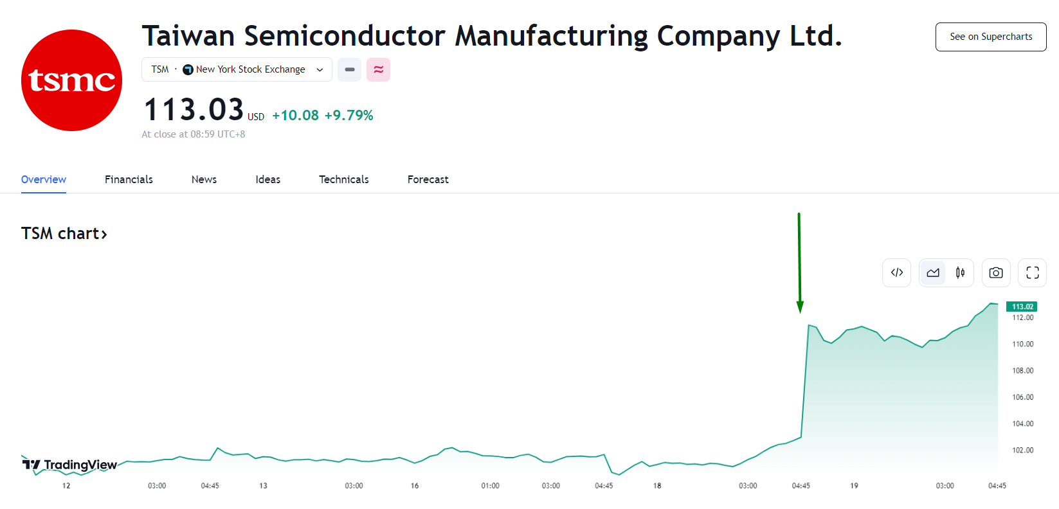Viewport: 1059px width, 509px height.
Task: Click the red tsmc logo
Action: coord(71,80)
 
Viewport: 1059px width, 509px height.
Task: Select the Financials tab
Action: coord(129,179)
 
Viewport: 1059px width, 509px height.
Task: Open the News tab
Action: coord(204,179)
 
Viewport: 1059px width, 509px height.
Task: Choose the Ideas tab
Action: coord(267,179)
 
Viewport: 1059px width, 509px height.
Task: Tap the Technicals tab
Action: coord(343,179)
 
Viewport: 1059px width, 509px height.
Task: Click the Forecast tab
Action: coord(428,179)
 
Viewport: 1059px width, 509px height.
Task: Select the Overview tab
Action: coord(44,179)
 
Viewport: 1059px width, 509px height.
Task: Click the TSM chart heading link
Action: coord(64,233)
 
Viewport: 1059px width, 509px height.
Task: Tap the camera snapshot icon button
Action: coord(995,272)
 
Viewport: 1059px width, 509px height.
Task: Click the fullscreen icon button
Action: coord(1032,272)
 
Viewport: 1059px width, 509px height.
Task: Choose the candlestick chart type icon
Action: coord(960,272)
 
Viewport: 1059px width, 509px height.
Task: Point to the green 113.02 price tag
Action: coord(1022,307)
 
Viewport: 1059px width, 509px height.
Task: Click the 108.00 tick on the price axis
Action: coord(1022,370)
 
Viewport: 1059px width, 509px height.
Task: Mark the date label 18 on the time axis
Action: coord(657,486)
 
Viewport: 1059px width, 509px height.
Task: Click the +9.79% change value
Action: coord(348,116)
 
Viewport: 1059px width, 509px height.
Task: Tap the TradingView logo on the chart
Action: coord(69,465)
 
